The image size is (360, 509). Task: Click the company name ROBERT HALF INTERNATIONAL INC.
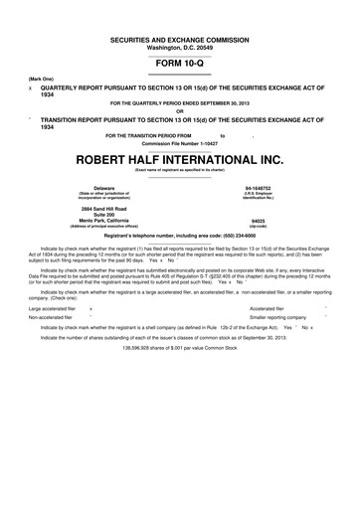(x=179, y=159)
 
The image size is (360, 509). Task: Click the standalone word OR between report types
(x=179, y=109)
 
